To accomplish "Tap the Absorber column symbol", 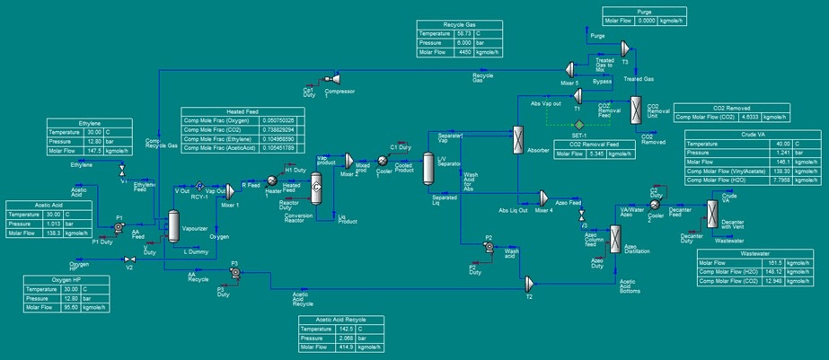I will click(x=518, y=140).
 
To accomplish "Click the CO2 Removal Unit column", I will click(x=637, y=110).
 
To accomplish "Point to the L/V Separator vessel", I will click(x=428, y=171).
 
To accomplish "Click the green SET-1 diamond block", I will click(x=580, y=124).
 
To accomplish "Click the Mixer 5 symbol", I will click(x=569, y=68).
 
